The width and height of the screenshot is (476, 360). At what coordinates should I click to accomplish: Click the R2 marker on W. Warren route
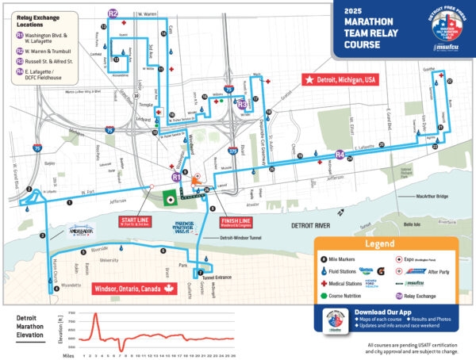(113, 13)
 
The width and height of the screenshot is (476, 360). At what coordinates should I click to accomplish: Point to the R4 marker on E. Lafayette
(340, 154)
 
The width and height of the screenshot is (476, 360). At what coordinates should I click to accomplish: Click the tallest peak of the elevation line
(95, 314)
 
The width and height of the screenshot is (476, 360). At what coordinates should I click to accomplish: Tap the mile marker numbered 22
(449, 81)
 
